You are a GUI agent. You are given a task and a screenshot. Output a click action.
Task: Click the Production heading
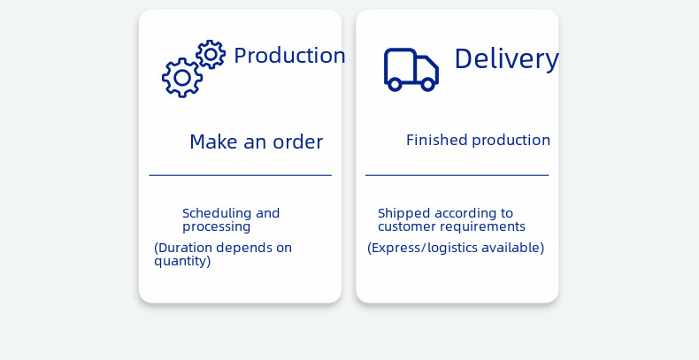click(289, 56)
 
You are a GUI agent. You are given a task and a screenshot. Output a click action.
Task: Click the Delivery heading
click(506, 58)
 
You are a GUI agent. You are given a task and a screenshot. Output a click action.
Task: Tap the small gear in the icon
click(211, 54)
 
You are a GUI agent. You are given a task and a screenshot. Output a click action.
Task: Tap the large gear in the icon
click(182, 78)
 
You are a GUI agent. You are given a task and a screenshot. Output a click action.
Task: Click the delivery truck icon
click(411, 69)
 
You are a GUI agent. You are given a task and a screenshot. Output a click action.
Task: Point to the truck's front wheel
click(428, 84)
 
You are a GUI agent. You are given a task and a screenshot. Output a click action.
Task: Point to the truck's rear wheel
click(396, 84)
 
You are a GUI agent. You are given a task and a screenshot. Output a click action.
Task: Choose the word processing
click(217, 227)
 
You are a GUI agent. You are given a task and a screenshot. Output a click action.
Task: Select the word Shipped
click(403, 213)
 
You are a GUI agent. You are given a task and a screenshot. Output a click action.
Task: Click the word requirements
click(485, 226)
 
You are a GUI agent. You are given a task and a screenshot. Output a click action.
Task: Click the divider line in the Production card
click(240, 175)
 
